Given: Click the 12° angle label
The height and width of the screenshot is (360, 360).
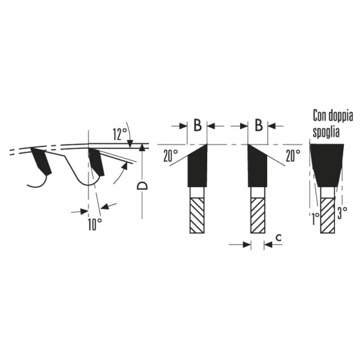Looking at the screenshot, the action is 120,134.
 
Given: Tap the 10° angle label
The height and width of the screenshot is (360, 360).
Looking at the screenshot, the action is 95,224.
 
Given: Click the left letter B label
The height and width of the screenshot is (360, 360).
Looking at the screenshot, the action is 197,125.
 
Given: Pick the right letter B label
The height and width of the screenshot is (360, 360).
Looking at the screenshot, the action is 259,125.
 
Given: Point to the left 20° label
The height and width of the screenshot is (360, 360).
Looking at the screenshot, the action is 170,155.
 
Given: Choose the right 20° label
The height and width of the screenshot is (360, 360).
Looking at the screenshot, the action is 293,155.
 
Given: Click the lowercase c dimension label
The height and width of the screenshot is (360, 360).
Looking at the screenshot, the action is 278,238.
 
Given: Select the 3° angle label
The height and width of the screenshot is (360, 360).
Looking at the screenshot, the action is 342,212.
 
